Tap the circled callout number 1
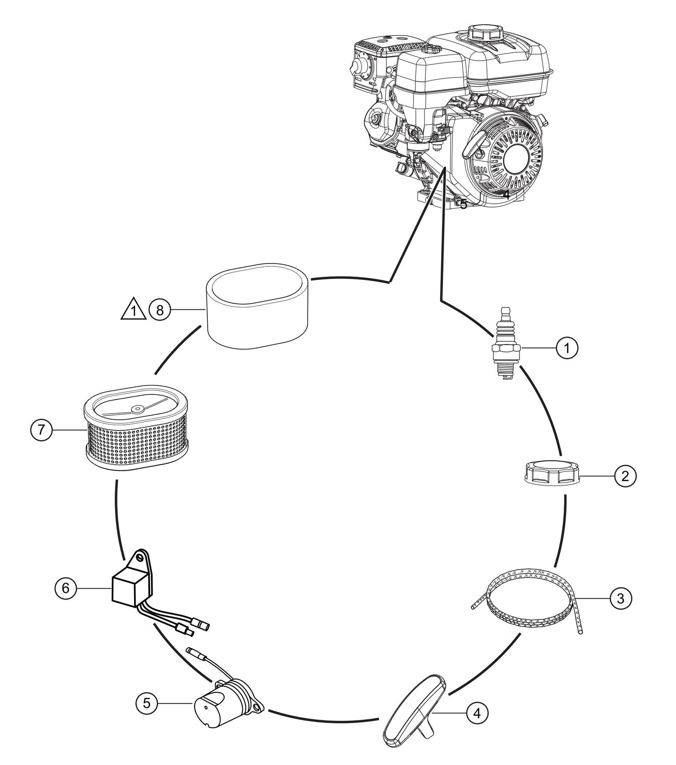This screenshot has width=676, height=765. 567,348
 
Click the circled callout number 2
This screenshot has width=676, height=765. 625,476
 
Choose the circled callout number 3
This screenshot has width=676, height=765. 620,598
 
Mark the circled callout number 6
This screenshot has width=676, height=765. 65,588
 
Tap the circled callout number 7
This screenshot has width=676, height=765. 42,430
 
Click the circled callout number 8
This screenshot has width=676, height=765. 160,310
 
